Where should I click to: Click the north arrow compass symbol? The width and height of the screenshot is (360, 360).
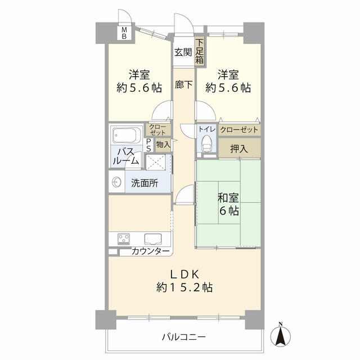pyautogui.click(x=280, y=335)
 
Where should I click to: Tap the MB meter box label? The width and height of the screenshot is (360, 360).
pyautogui.click(x=124, y=33)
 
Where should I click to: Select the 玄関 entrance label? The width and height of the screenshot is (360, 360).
pyautogui.click(x=183, y=52)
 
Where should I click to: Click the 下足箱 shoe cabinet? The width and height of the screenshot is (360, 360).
pyautogui.click(x=200, y=52)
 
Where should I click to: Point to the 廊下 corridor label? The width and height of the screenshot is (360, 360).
pyautogui.click(x=183, y=85)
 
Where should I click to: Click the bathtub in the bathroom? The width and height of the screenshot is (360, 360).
pyautogui.click(x=125, y=135)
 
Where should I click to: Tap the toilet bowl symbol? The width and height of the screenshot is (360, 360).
pyautogui.click(x=207, y=143)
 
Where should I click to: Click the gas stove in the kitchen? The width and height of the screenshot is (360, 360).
pyautogui.click(x=124, y=239)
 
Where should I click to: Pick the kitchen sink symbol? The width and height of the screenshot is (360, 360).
pyautogui.click(x=153, y=239)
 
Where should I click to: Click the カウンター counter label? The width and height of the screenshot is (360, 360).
pyautogui.click(x=150, y=252)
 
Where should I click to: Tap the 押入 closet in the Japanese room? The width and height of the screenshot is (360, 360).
pyautogui.click(x=239, y=148)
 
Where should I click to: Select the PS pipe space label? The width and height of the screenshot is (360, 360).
pyautogui.click(x=148, y=145)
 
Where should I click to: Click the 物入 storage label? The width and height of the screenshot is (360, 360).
pyautogui.click(x=163, y=145)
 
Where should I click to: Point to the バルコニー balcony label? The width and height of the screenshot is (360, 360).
pyautogui.click(x=184, y=337)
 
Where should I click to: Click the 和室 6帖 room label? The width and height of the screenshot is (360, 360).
pyautogui.click(x=228, y=204)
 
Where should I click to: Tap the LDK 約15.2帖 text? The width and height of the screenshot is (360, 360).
pyautogui.click(x=184, y=281)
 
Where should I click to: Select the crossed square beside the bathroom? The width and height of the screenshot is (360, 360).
pyautogui.click(x=156, y=163)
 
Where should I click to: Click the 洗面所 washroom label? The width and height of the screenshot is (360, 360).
pyautogui.click(x=145, y=183)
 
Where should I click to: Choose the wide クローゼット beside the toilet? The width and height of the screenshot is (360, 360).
pyautogui.click(x=239, y=130)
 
